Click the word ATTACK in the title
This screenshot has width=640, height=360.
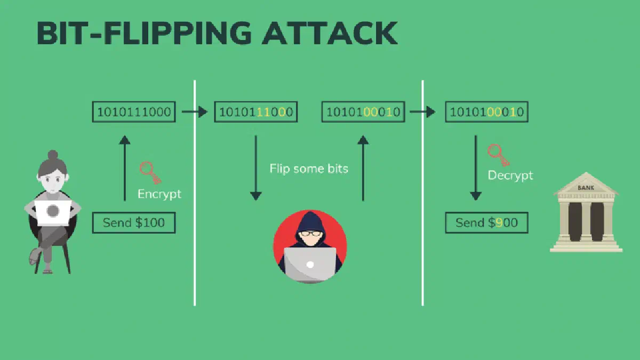[330, 33]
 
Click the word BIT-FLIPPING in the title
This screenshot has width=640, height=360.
[144, 33]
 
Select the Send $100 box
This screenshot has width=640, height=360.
[134, 222]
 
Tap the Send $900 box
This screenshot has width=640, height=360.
[486, 222]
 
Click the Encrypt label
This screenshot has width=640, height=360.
[159, 194]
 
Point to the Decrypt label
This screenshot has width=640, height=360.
[510, 175]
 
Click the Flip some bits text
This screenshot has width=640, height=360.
[309, 169]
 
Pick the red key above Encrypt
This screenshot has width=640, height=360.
[150, 173]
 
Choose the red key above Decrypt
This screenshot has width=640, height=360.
[499, 155]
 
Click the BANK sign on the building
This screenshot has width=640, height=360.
[586, 188]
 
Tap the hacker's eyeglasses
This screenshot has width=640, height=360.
[310, 234]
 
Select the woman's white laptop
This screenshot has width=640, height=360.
[53, 212]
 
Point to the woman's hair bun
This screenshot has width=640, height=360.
[53, 155]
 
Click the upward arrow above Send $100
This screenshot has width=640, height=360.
[125, 168]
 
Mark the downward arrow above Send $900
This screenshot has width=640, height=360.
[476, 168]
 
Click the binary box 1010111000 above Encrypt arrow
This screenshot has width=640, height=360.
[134, 111]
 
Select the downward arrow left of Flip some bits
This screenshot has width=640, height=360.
[255, 168]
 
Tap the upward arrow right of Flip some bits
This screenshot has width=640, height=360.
[363, 168]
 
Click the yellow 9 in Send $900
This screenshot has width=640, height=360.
[499, 222]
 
